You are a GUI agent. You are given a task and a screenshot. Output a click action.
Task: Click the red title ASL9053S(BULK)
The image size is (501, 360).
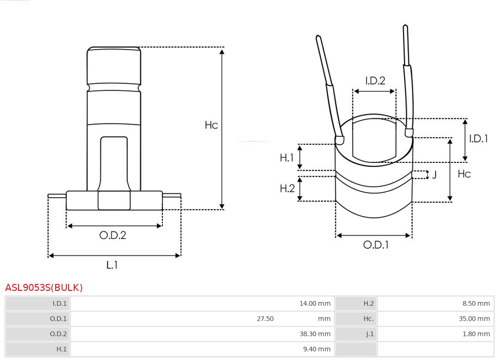coord(44,288)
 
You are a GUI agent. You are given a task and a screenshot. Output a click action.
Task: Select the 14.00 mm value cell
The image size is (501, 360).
coord(315,303)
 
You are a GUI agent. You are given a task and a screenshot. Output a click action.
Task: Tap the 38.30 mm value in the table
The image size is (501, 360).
coord(315,334)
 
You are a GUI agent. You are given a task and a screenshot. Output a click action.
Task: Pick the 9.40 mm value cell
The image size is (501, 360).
coord(317,349)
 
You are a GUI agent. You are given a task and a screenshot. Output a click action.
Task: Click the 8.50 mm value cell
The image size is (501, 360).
coord(476,303)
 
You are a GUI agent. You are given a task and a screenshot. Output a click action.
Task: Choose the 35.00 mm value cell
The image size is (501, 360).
coord(474,318)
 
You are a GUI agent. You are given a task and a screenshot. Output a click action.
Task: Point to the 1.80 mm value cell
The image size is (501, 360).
coord(476,334)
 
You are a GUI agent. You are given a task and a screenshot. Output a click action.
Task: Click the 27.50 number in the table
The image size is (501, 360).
coord(265,318)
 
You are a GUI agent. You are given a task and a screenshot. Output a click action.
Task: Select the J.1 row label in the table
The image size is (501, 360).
coord(370,334)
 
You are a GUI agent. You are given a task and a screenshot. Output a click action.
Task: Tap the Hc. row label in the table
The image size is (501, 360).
coord(368,318)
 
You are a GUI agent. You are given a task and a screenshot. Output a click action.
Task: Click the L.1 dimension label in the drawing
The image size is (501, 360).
coord(112,265)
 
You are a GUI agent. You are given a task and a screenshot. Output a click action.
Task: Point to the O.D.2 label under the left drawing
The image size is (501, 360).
coord(113,235)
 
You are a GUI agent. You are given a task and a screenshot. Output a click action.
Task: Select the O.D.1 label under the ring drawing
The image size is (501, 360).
coord(376,245)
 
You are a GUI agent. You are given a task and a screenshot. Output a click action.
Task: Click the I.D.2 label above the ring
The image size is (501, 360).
coord(375,81)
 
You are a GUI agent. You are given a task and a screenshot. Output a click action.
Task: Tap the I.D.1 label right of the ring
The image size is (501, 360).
coord(478,139)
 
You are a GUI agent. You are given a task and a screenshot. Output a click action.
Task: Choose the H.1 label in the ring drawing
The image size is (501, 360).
coord(287,157)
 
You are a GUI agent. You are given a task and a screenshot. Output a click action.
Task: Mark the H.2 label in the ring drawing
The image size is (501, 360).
coord(287,188)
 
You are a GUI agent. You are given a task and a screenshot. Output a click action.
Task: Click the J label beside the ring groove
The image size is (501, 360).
coord(434,175)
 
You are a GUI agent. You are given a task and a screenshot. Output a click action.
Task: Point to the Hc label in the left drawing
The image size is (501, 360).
coord(212,125)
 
